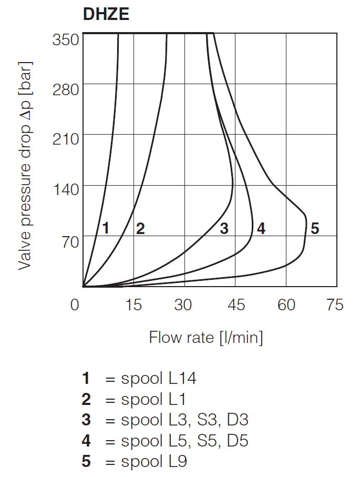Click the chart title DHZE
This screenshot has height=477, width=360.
[x=106, y=14]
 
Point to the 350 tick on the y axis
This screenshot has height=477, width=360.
[x=66, y=39]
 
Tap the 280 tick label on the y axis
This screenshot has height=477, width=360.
[x=66, y=89]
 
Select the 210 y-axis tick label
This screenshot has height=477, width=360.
[x=66, y=140]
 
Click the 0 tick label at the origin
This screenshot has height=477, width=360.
[x=76, y=305]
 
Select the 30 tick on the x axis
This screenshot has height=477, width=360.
[x=184, y=305]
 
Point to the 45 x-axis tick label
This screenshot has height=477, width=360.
[x=235, y=305]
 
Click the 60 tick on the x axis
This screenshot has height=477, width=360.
[x=286, y=305]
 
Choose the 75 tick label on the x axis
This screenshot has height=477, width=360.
[x=335, y=305]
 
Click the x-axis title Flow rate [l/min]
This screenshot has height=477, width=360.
[x=206, y=337]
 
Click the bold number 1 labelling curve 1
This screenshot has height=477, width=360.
[x=106, y=228]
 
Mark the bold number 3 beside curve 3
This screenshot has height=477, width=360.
[x=224, y=228]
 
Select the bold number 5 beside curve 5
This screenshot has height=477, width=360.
[x=315, y=228]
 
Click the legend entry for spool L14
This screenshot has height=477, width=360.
[x=139, y=378]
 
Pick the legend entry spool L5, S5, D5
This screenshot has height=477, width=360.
[x=165, y=441]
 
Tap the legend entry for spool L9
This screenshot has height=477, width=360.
[x=135, y=462]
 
